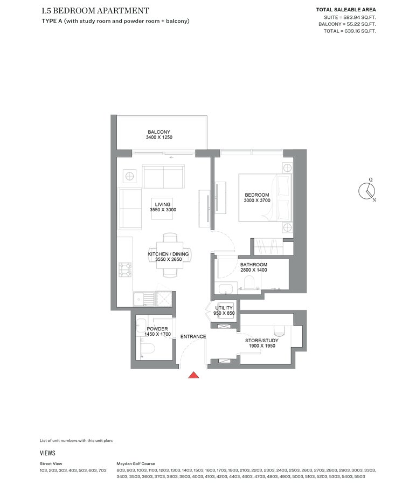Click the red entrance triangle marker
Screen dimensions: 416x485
click(193, 375)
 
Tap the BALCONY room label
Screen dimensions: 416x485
click(159, 132)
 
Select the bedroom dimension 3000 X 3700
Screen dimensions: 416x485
click(257, 200)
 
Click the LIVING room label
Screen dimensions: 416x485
click(163, 204)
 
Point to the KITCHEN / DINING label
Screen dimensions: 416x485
click(168, 254)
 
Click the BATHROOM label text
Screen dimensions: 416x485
click(254, 265)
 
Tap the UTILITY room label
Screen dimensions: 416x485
click(224, 308)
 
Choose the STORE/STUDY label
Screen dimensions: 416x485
click(262, 341)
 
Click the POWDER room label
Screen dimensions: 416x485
click(157, 329)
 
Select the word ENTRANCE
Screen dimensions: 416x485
click(193, 336)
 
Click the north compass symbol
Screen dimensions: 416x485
click(367, 191)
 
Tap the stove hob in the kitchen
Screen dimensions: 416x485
click(125, 269)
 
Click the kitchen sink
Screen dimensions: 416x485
click(144, 299)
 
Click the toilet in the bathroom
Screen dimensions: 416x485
click(249, 282)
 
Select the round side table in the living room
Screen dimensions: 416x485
click(129, 177)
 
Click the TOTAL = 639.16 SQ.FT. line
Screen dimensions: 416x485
click(350, 31)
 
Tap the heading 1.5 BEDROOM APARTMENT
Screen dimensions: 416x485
click(95, 11)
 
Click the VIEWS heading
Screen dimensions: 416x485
click(47, 453)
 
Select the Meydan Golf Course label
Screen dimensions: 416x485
click(136, 463)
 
